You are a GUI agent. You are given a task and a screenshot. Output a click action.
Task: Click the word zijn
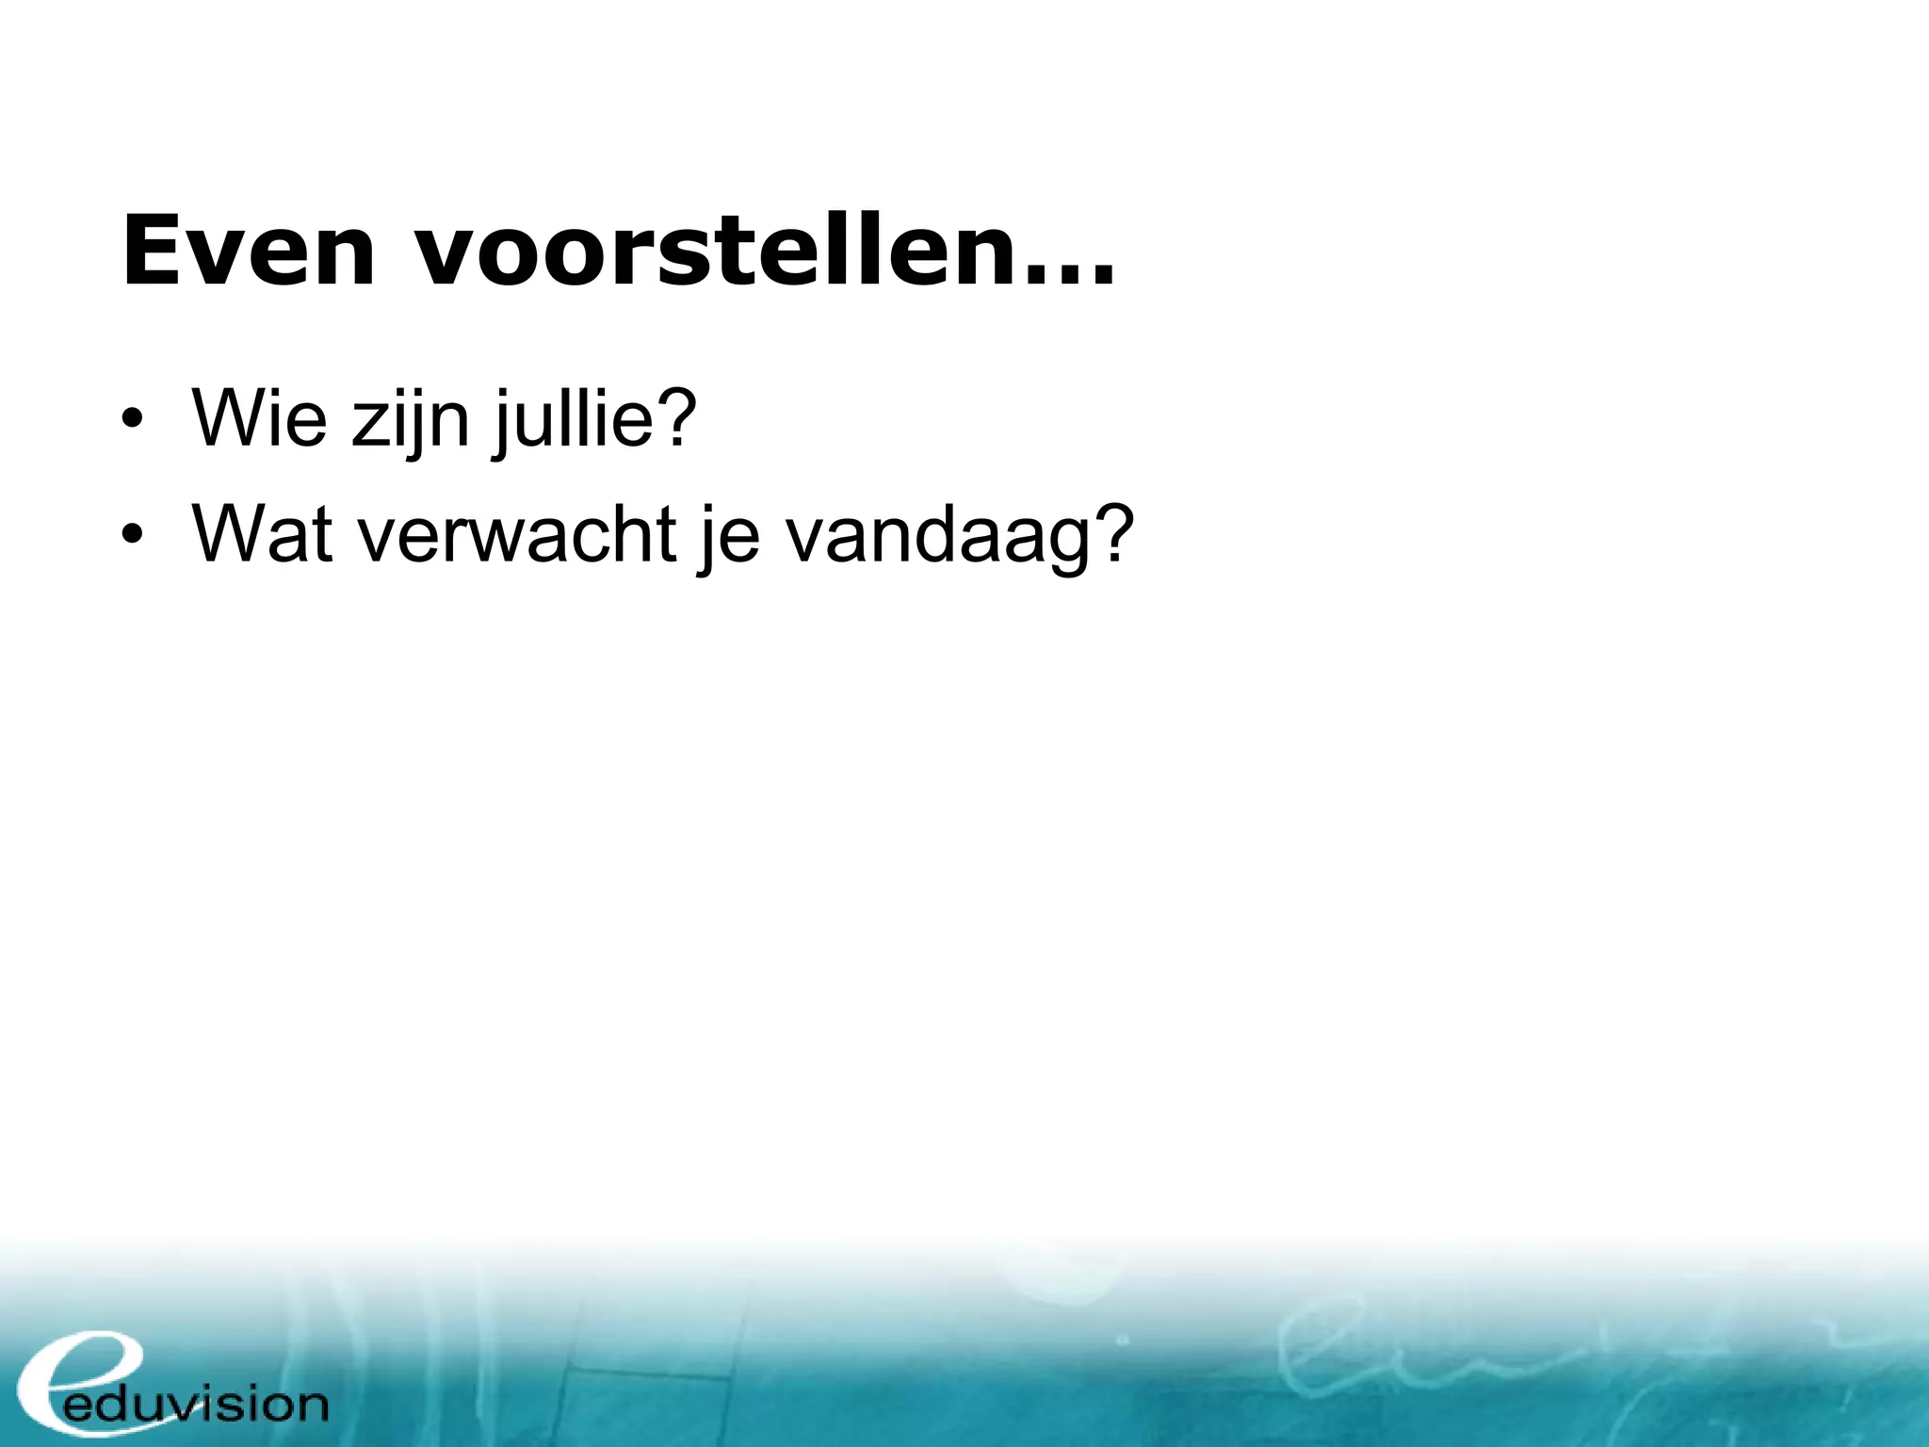[411, 420]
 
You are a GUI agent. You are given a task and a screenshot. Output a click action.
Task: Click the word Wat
[263, 533]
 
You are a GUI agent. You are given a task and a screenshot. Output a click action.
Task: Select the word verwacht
[517, 533]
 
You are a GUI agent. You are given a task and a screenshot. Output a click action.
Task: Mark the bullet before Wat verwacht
[133, 535]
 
